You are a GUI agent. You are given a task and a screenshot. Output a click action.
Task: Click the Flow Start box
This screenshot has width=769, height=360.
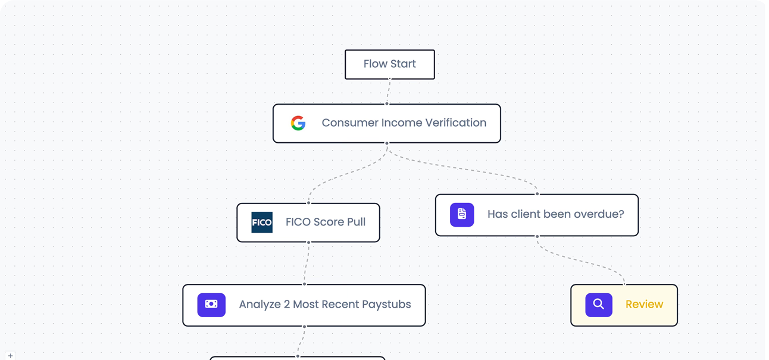(390, 64)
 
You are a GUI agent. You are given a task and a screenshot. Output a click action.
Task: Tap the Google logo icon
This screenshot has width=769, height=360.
(298, 123)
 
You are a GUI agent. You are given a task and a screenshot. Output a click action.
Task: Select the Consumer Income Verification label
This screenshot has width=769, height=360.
(404, 123)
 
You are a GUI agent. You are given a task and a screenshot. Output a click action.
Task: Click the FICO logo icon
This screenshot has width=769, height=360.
(262, 223)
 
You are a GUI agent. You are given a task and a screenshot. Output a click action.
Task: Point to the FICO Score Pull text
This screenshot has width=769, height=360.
(326, 222)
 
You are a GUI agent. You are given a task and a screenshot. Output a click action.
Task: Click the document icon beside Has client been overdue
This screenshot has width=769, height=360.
(462, 214)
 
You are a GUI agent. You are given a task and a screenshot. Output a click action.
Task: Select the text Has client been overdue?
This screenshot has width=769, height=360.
(555, 214)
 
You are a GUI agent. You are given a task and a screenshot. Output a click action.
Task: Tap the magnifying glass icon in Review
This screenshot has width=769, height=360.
(598, 305)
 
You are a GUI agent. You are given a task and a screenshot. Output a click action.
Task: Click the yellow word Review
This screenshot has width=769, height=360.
(644, 304)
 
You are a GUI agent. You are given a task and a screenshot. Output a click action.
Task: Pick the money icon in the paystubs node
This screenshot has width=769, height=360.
(211, 305)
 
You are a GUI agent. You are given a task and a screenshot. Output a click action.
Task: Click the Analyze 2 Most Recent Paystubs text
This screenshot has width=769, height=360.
(325, 304)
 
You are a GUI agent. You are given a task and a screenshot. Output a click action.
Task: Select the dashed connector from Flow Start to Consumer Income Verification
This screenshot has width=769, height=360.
(389, 91)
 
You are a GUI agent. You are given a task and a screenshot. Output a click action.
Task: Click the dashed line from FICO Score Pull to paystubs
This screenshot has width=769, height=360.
(307, 263)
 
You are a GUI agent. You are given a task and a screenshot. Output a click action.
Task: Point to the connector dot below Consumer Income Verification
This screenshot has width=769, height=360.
(387, 143)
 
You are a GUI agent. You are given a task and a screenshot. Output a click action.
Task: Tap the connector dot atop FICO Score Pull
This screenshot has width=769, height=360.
(308, 203)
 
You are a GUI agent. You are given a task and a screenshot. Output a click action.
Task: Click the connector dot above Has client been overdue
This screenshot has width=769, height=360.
(537, 194)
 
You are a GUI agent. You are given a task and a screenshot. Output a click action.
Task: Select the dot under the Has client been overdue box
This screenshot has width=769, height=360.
(537, 236)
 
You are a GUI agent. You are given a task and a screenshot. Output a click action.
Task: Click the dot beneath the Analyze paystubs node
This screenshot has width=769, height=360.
(304, 327)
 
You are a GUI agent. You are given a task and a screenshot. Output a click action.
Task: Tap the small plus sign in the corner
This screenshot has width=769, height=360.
(10, 355)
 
